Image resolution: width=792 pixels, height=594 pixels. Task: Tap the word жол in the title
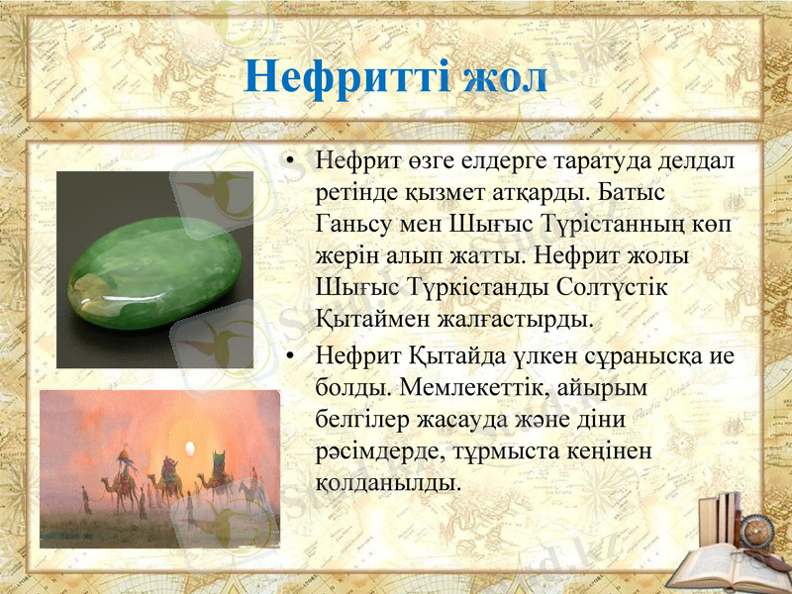click(x=506, y=76)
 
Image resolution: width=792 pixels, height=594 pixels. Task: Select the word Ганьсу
click(x=351, y=223)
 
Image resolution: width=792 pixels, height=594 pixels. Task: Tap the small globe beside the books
click(x=763, y=530)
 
